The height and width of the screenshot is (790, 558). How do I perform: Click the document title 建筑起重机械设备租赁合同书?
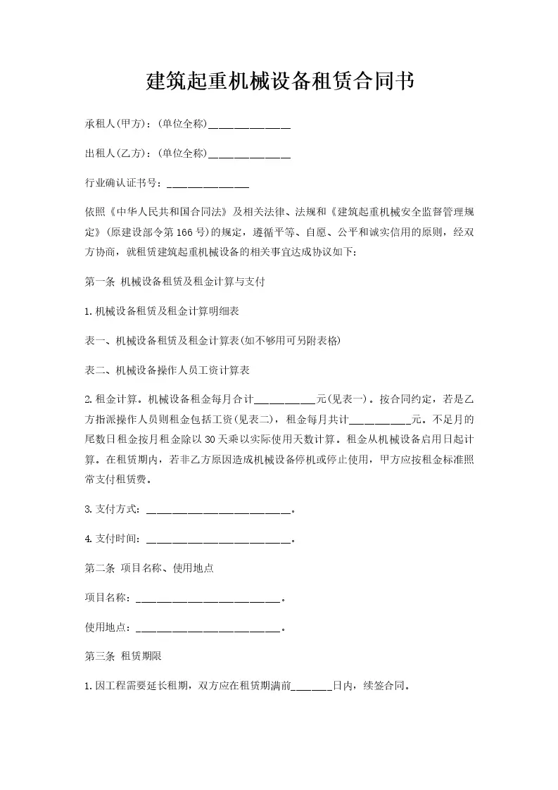279,82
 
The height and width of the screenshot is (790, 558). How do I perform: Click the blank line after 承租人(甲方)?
250,125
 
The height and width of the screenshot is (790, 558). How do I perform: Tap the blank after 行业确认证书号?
208,184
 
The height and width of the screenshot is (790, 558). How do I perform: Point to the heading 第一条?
100,282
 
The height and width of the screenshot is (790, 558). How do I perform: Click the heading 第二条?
100,568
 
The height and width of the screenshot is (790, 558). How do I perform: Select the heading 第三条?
100,656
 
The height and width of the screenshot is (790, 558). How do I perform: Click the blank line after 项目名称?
208,598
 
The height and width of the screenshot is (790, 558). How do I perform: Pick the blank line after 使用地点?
208,627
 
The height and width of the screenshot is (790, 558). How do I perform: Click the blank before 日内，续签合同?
312,685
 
